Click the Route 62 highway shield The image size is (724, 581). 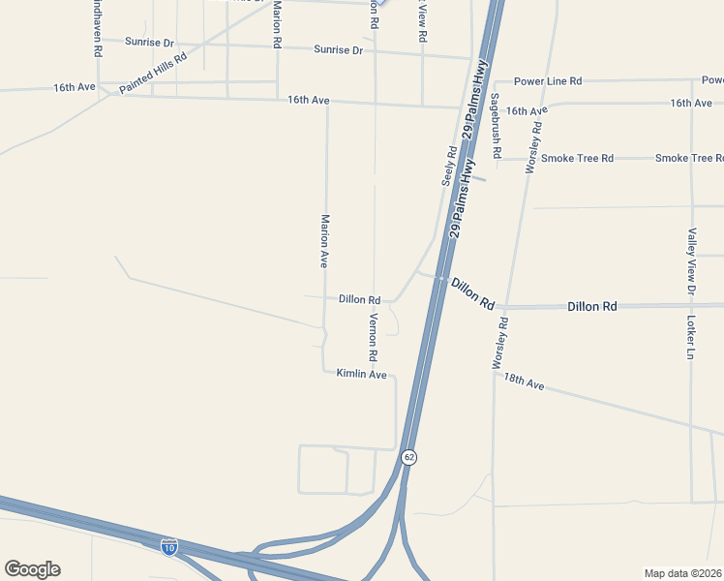point(409,457)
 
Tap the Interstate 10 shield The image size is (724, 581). point(169,546)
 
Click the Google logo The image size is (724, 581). point(32,569)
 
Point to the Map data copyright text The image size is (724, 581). point(683,572)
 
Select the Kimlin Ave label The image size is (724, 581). point(361,374)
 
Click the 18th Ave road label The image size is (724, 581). point(523,382)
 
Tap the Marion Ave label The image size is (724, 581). point(326,241)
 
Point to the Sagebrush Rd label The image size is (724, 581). point(496,126)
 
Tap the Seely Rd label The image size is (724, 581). point(448,166)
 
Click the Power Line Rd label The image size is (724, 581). point(548,81)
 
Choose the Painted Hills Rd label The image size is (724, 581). point(153,74)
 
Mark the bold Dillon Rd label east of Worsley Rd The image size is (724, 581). point(591,306)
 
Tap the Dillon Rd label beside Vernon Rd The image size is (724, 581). point(359,300)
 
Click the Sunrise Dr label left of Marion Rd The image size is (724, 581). point(149,43)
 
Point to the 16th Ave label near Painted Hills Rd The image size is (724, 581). point(75,87)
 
